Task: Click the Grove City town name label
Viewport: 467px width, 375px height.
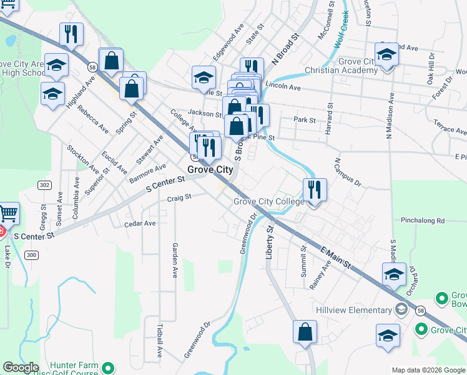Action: pyautogui.click(x=211, y=169)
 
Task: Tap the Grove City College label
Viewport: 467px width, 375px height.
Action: pyautogui.click(x=269, y=201)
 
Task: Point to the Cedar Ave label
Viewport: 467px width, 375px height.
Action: pyautogui.click(x=140, y=223)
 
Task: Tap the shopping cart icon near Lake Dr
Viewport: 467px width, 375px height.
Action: pyautogui.click(x=8, y=214)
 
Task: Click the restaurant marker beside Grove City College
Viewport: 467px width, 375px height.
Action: pyautogui.click(x=314, y=189)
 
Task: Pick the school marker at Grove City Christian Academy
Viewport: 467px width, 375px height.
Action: pyautogui.click(x=387, y=54)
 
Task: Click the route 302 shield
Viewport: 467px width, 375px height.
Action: pyautogui.click(x=44, y=185)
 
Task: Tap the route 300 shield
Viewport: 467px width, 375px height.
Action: pyautogui.click(x=32, y=254)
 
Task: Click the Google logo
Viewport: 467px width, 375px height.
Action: pyautogui.click(x=21, y=367)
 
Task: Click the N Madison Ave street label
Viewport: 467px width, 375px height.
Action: pyautogui.click(x=389, y=115)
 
